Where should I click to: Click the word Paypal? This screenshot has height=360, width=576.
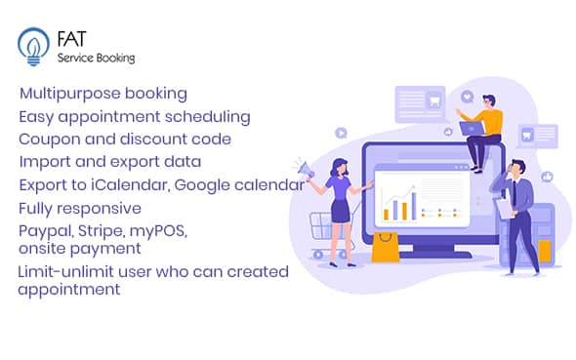pyautogui.click(x=43, y=230)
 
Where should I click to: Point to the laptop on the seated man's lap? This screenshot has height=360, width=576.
pyautogui.click(x=473, y=128)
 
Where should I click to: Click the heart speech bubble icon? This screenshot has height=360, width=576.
pyautogui.click(x=467, y=98)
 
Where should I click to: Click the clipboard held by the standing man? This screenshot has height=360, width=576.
pyautogui.click(x=504, y=208)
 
